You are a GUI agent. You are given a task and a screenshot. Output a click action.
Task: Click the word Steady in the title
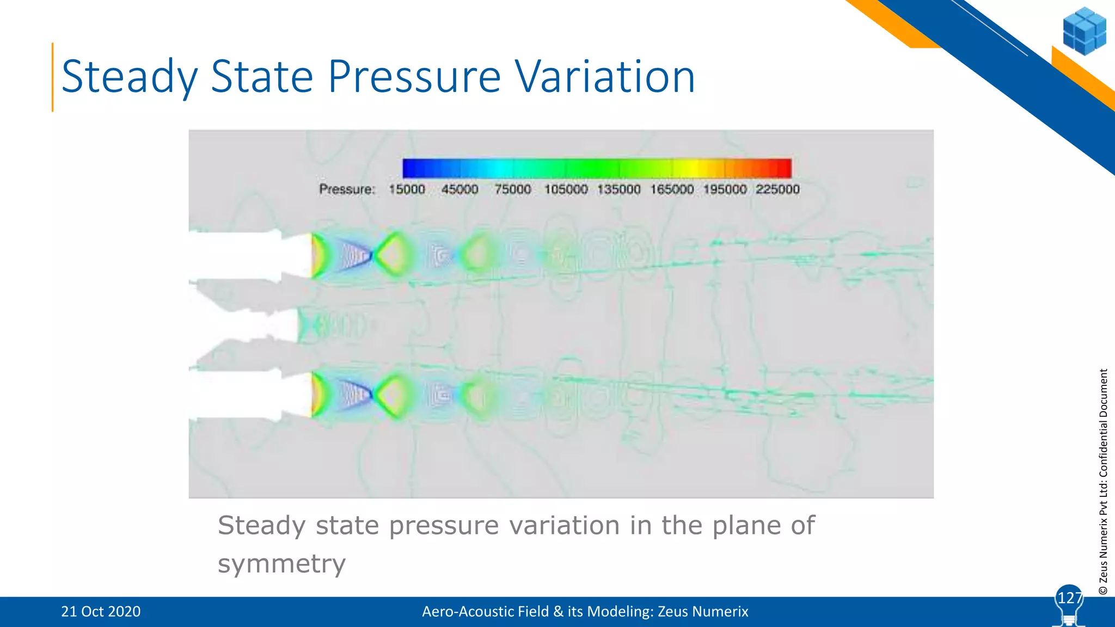click(130, 77)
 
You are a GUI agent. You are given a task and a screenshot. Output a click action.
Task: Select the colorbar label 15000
click(407, 189)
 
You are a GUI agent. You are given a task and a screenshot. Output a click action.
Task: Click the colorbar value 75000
click(512, 189)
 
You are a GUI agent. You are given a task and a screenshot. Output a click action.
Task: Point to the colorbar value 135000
click(618, 189)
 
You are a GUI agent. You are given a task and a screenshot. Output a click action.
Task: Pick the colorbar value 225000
click(777, 189)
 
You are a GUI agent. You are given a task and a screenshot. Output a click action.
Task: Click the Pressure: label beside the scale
click(347, 189)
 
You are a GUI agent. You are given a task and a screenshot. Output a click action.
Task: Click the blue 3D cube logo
click(1084, 31)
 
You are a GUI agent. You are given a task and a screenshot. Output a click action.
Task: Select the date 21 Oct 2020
click(101, 612)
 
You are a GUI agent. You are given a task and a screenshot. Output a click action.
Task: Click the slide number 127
click(1069, 598)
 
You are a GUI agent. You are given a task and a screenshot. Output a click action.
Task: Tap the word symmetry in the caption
click(281, 563)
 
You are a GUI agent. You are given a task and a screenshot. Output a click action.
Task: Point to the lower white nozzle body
click(240, 394)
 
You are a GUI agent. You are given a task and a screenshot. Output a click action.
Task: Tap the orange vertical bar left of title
click(53, 77)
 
